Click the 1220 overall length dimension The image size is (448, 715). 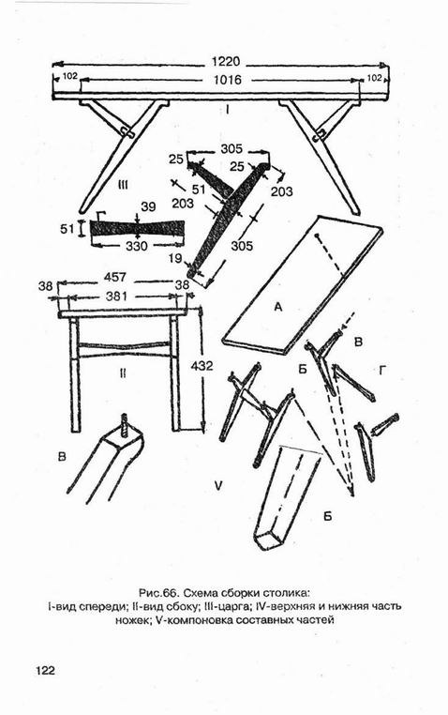225,62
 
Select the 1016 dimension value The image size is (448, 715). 228,80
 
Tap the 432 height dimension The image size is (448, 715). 202,366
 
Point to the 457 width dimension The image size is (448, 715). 115,277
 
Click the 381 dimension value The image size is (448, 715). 116,297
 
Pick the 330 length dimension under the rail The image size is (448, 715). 136,246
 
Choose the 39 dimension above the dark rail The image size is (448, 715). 148,207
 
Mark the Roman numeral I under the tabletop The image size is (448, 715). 227,110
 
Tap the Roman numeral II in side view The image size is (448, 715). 123,373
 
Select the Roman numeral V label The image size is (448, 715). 218,486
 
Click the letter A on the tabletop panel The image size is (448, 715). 278,308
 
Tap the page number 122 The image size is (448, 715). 45,670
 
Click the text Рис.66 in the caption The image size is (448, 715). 157,593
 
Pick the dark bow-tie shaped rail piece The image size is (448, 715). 137,227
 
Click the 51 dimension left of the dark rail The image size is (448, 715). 67,228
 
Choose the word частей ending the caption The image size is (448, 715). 316,620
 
